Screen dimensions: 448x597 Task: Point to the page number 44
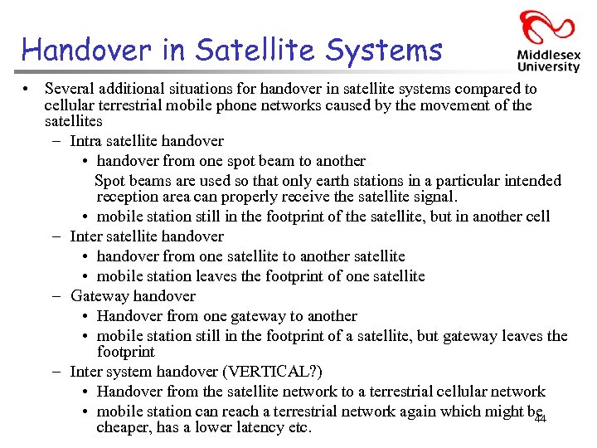coord(540,420)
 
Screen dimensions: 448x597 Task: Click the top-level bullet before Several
coord(27,89)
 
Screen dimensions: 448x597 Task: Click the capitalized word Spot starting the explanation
coord(109,181)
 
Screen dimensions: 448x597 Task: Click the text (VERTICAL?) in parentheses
coord(277,371)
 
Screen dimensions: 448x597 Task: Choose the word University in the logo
coord(548,67)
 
